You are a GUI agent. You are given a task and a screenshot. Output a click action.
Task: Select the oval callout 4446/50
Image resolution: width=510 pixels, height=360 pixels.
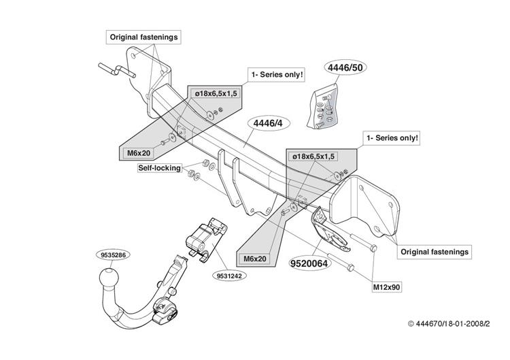pos(345,67)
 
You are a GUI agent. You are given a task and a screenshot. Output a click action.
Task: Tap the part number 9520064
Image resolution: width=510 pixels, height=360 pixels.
pos(309,263)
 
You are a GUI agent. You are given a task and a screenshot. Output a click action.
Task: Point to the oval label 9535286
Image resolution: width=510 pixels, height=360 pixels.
pos(113,255)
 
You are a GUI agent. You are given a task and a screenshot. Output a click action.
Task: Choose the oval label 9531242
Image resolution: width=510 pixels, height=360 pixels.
pos(230,276)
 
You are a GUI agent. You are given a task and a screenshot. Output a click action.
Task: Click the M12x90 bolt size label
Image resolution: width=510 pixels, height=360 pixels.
pos(386,287)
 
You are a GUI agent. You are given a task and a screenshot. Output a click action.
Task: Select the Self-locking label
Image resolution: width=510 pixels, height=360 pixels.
pos(159,168)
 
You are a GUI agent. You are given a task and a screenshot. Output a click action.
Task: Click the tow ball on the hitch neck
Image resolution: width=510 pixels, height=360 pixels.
pos(109,279)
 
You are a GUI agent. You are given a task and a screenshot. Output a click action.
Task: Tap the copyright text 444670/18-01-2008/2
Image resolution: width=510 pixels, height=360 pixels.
pos(449,323)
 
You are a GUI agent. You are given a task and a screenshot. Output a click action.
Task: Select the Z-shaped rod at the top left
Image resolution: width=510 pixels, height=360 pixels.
pos(117,70)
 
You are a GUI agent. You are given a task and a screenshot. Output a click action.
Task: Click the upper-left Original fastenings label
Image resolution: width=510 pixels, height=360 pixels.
pos(143,37)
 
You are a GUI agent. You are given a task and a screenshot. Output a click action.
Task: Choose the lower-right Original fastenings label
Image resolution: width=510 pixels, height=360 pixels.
pos(435,252)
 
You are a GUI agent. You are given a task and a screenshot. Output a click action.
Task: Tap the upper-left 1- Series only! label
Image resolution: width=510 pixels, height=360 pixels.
pos(277,75)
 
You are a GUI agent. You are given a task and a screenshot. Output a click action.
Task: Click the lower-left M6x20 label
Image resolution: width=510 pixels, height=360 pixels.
pos(139,152)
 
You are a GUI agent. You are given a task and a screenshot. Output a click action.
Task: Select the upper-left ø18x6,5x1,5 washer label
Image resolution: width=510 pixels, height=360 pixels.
pos(216,94)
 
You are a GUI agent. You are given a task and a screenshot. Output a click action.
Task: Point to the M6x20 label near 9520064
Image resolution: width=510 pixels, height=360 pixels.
pos(255,259)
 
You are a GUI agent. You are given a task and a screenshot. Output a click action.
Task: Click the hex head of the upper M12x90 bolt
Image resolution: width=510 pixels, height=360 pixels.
pos(374,248)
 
